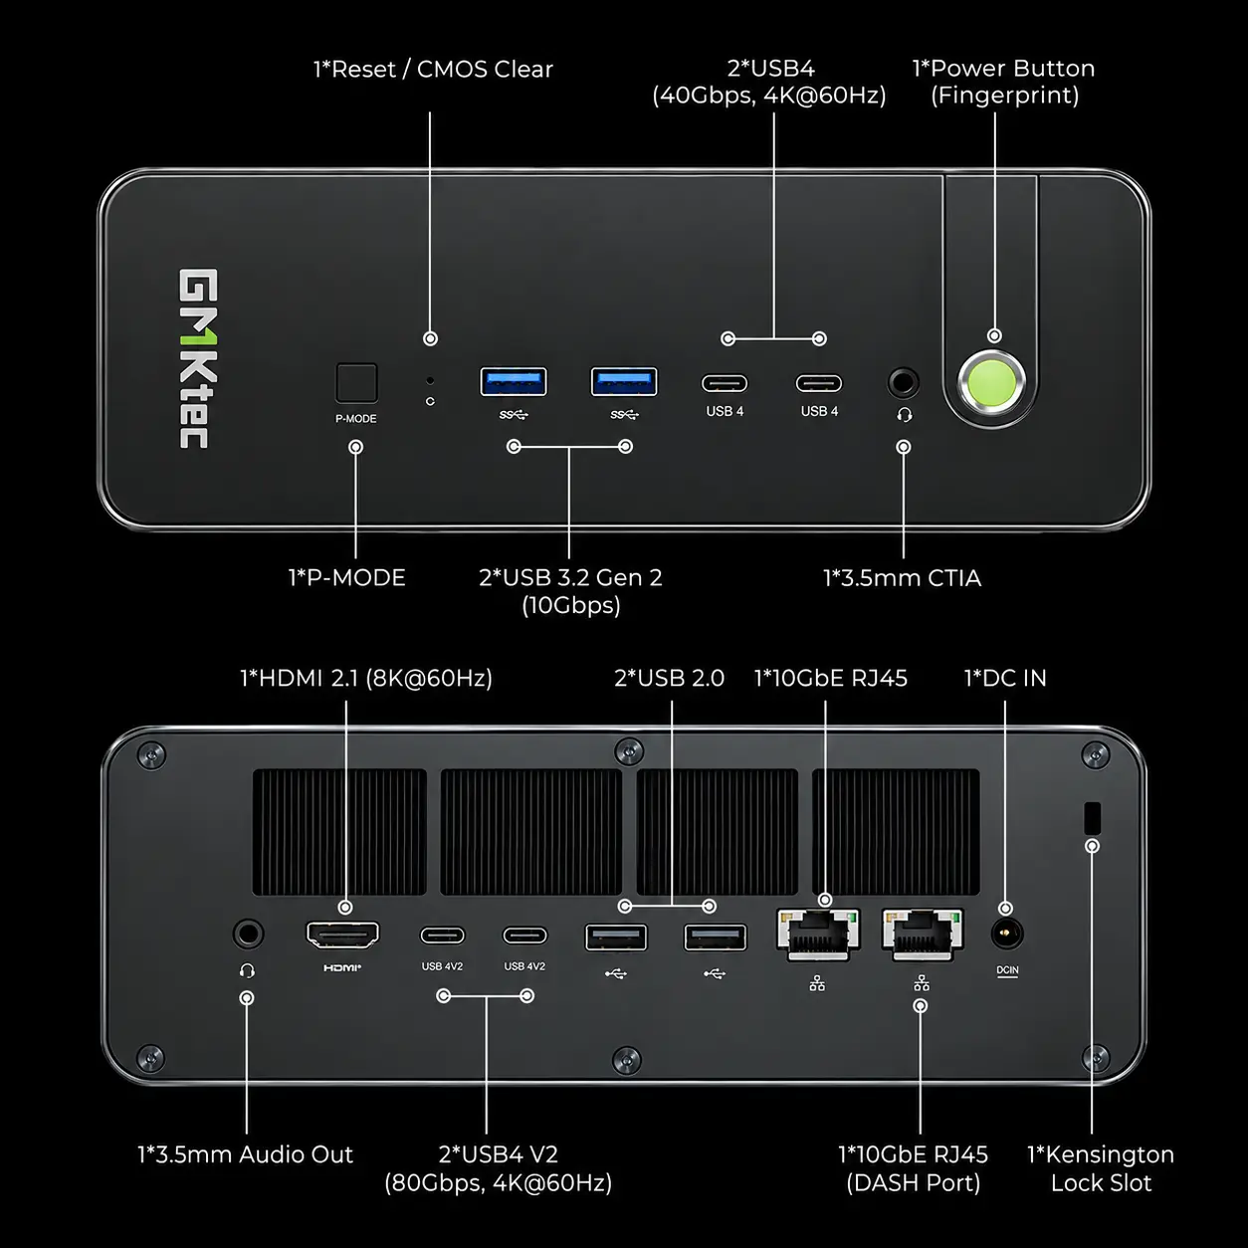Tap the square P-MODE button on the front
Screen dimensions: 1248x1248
pyautogui.click(x=356, y=383)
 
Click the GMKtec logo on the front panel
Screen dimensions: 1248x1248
pyautogui.click(x=198, y=358)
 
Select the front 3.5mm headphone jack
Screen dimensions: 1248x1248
pyautogui.click(x=903, y=383)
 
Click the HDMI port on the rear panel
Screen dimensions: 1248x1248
pyautogui.click(x=342, y=935)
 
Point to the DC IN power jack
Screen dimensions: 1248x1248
pyautogui.click(x=1006, y=934)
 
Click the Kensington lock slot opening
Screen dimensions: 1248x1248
pyautogui.click(x=1092, y=818)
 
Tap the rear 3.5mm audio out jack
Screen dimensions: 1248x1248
pyautogui.click(x=248, y=934)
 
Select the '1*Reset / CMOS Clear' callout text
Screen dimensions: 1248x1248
pyautogui.click(x=433, y=70)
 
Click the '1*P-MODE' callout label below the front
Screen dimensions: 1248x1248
pyautogui.click(x=347, y=577)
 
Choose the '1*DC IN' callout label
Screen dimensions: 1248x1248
pyautogui.click(x=1005, y=678)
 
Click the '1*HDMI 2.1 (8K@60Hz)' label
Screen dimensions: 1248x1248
pyautogui.click(x=366, y=678)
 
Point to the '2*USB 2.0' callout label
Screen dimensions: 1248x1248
pyautogui.click(x=669, y=678)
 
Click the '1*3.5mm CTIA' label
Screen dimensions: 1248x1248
pyautogui.click(x=902, y=577)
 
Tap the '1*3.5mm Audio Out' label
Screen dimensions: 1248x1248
pyautogui.click(x=246, y=1154)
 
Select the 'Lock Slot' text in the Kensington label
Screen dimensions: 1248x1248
pyautogui.click(x=1101, y=1183)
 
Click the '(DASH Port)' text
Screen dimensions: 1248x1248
pyautogui.click(x=914, y=1183)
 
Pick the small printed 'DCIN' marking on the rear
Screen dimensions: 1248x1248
pyautogui.click(x=1007, y=970)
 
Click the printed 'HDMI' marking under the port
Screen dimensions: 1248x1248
pyautogui.click(x=342, y=967)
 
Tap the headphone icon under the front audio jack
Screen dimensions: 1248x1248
pyautogui.click(x=905, y=414)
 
